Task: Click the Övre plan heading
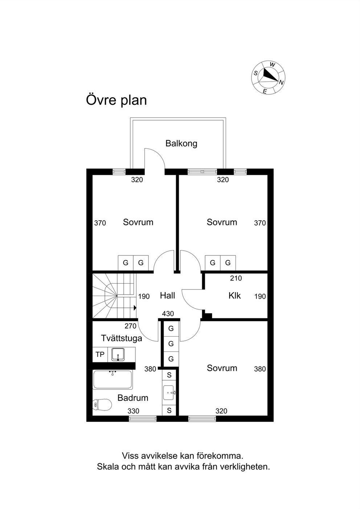(116, 100)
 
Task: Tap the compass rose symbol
(269, 77)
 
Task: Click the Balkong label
(181, 144)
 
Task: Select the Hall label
(168, 295)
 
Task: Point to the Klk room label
(234, 295)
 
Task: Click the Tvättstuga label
(121, 338)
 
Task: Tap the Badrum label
(133, 398)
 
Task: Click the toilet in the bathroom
(102, 405)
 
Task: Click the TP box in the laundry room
(100, 354)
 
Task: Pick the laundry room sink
(118, 354)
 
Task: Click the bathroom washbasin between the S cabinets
(169, 393)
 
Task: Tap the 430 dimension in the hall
(168, 314)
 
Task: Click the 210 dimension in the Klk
(236, 278)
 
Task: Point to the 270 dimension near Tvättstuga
(130, 326)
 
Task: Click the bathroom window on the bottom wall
(143, 419)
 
